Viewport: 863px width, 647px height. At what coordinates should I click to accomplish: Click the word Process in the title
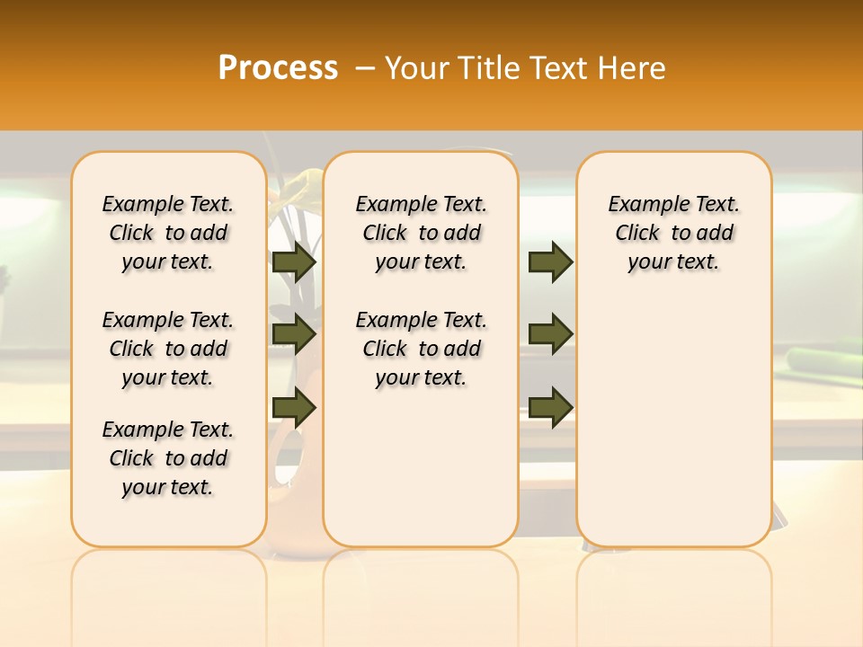278,68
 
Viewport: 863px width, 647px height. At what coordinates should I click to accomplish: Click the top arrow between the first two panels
294,261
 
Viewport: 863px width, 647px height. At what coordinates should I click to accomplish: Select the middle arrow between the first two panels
294,334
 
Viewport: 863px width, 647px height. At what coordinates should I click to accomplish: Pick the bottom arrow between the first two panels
294,407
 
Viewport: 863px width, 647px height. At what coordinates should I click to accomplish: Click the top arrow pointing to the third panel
550,261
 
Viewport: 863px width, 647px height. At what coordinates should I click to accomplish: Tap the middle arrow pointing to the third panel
550,334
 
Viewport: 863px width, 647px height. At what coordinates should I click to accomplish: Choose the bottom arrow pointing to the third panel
550,407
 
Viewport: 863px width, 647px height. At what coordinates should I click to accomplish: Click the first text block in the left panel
168,233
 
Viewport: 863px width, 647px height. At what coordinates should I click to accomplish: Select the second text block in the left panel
168,349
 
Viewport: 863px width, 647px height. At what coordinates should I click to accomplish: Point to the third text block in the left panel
168,458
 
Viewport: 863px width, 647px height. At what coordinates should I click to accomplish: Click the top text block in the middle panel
421,233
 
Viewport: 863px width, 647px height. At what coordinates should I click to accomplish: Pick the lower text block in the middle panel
421,349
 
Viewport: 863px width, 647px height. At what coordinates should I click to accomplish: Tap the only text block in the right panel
673,233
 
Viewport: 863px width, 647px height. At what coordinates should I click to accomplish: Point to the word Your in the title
416,68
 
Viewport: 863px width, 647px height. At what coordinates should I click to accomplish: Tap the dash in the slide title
365,68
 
